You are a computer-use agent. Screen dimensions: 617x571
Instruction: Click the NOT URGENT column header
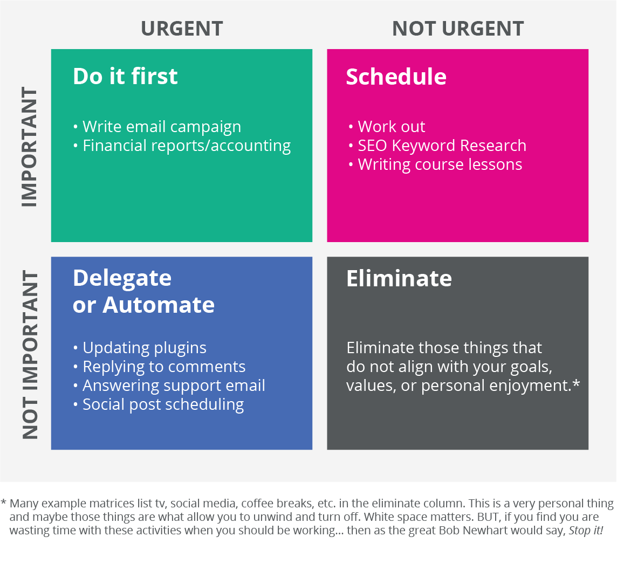click(x=458, y=29)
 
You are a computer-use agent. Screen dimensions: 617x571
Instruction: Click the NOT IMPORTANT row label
click(x=30, y=355)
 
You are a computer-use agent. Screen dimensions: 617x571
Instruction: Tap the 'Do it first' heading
click(x=125, y=76)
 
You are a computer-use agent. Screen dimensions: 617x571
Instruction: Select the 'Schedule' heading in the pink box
click(x=396, y=77)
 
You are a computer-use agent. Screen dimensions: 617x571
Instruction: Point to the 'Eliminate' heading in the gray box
click(x=399, y=279)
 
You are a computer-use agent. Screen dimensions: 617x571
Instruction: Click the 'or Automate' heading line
click(x=143, y=305)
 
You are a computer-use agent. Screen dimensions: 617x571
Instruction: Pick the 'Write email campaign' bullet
click(x=157, y=127)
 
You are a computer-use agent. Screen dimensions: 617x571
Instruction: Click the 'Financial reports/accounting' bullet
click(x=182, y=146)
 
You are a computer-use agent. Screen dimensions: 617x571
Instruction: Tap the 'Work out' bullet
click(x=387, y=127)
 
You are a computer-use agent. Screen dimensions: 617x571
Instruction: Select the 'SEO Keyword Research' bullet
click(x=437, y=146)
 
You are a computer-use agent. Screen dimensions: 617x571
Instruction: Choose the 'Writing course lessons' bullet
click(x=436, y=165)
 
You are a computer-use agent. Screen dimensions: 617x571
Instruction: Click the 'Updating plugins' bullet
click(x=140, y=348)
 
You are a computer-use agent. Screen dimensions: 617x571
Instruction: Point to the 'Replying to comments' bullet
click(x=159, y=367)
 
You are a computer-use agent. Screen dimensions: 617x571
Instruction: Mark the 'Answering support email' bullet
click(x=169, y=386)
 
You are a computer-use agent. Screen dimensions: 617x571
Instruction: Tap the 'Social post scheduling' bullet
click(x=159, y=405)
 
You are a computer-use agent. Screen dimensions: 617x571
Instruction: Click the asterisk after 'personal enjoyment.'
click(x=577, y=383)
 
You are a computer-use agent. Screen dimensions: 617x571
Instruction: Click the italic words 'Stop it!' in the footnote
click(x=586, y=531)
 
